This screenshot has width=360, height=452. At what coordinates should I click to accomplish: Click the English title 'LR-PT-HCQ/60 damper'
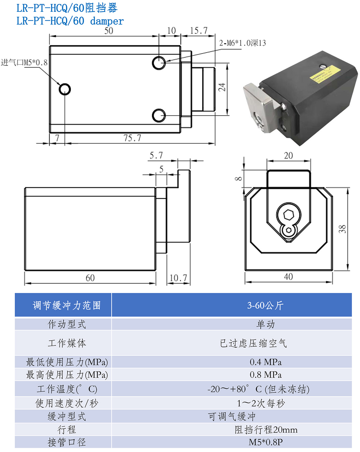pyautogui.click(x=70, y=21)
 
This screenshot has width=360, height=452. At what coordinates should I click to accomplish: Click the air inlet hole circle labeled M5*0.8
pyautogui.click(x=64, y=89)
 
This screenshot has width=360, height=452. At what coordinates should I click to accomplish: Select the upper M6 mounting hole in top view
pyautogui.click(x=159, y=63)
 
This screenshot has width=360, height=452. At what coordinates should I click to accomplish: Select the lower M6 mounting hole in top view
pyautogui.click(x=159, y=116)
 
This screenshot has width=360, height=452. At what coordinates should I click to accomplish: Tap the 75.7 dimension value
pyautogui.click(x=132, y=138)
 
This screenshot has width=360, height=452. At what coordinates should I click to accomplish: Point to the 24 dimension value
pyautogui.click(x=222, y=87)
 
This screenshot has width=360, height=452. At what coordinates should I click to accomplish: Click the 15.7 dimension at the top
pyautogui.click(x=199, y=31)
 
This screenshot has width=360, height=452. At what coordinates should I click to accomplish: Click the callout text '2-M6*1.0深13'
pyautogui.click(x=242, y=43)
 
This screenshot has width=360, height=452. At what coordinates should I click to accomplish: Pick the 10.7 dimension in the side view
pyautogui.click(x=178, y=278)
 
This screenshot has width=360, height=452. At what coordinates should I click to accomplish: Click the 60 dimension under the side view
pyautogui.click(x=90, y=278)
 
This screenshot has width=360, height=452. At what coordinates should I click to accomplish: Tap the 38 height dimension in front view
pyautogui.click(x=342, y=229)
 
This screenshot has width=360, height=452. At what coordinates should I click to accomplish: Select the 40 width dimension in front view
pyautogui.click(x=288, y=276)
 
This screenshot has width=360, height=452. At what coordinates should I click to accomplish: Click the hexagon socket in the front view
pyautogui.click(x=288, y=215)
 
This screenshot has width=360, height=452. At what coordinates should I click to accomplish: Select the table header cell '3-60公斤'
pyautogui.click(x=265, y=305)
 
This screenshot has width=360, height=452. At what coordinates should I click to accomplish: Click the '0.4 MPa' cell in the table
pyautogui.click(x=265, y=362)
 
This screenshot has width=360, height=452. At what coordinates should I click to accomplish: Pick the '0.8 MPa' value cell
pyautogui.click(x=265, y=375)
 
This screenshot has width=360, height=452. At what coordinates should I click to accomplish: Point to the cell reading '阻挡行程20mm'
pyautogui.click(x=266, y=429)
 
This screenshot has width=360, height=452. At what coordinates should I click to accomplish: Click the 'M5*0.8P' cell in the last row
pyautogui.click(x=265, y=442)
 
